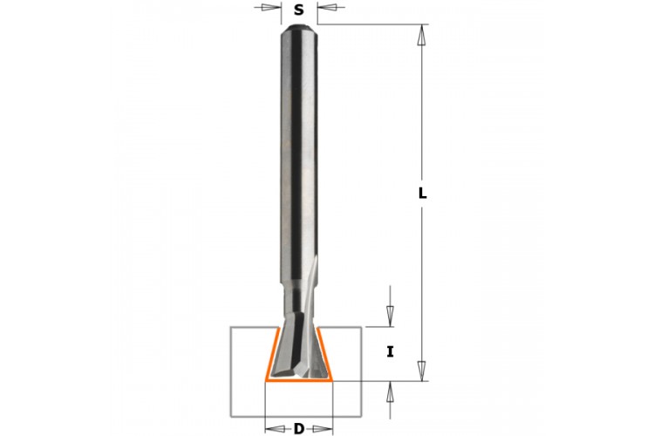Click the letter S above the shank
coord(298,10)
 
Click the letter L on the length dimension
coord(423,193)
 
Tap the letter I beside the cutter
coord(390,352)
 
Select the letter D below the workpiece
coord(298,428)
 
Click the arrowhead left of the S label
coord(269,7)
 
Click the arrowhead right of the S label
coord(327,7)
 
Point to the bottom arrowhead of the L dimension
coord(423,371)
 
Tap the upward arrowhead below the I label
coord(390,392)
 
